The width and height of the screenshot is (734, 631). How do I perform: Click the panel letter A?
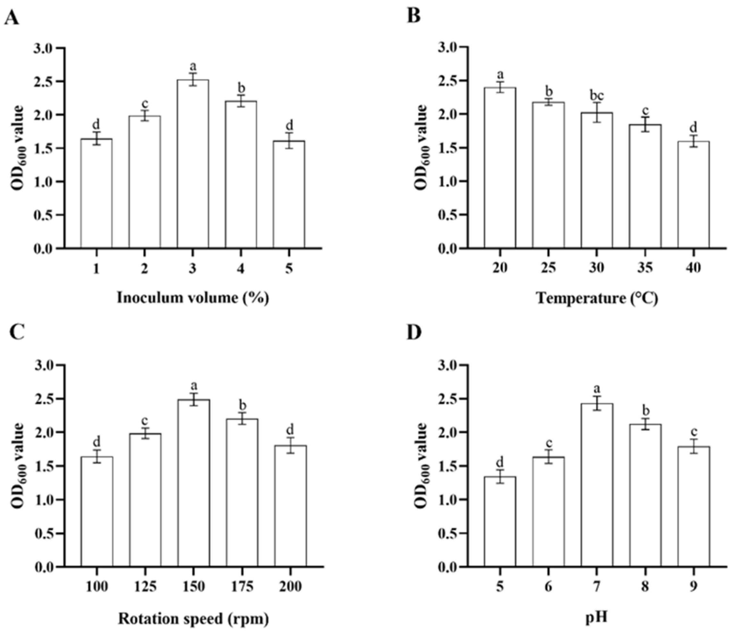[x=11, y=17]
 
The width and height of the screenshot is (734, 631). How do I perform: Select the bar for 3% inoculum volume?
[x=193, y=163]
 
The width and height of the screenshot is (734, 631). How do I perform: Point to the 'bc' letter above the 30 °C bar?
[x=596, y=96]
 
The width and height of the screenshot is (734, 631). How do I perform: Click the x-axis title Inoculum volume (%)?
[x=193, y=298]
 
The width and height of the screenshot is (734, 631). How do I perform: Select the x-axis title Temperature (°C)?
[x=596, y=298]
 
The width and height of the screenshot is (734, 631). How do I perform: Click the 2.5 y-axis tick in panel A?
[x=45, y=81]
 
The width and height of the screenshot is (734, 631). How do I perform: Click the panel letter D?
[x=414, y=334]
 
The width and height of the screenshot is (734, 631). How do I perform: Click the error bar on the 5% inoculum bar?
[x=289, y=141]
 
